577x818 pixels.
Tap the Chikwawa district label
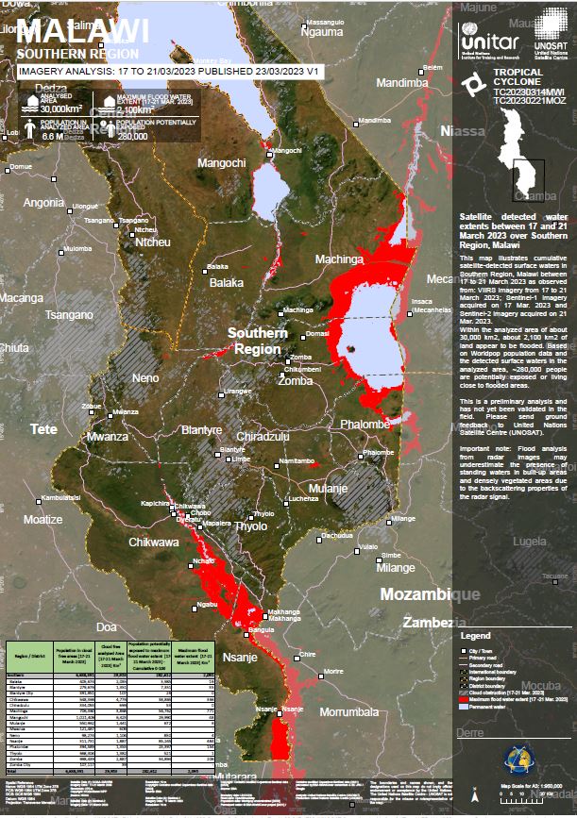click(x=153, y=543)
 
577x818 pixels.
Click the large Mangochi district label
click(x=221, y=163)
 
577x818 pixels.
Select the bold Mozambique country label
click(x=429, y=594)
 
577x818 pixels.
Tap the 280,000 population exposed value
click(x=133, y=136)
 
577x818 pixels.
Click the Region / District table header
click(x=33, y=655)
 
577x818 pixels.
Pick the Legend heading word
click(x=475, y=638)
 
